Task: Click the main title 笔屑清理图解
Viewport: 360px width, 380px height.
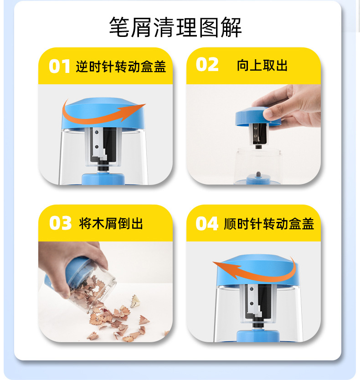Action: [175, 27]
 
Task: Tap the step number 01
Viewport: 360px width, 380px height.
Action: [59, 66]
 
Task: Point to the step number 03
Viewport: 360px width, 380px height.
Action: [60, 223]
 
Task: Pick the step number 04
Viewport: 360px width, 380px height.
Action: [207, 223]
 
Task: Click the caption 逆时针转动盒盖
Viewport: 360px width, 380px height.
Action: [121, 67]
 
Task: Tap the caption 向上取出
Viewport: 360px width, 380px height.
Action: [262, 65]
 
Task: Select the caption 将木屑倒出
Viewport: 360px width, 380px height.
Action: [111, 223]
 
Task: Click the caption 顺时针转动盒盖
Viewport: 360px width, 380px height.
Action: [269, 223]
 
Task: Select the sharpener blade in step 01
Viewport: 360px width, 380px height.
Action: [99, 144]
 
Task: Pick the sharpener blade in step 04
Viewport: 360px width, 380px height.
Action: [253, 301]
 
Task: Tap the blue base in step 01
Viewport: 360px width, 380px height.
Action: [103, 179]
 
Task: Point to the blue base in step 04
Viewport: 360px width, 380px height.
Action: [258, 336]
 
